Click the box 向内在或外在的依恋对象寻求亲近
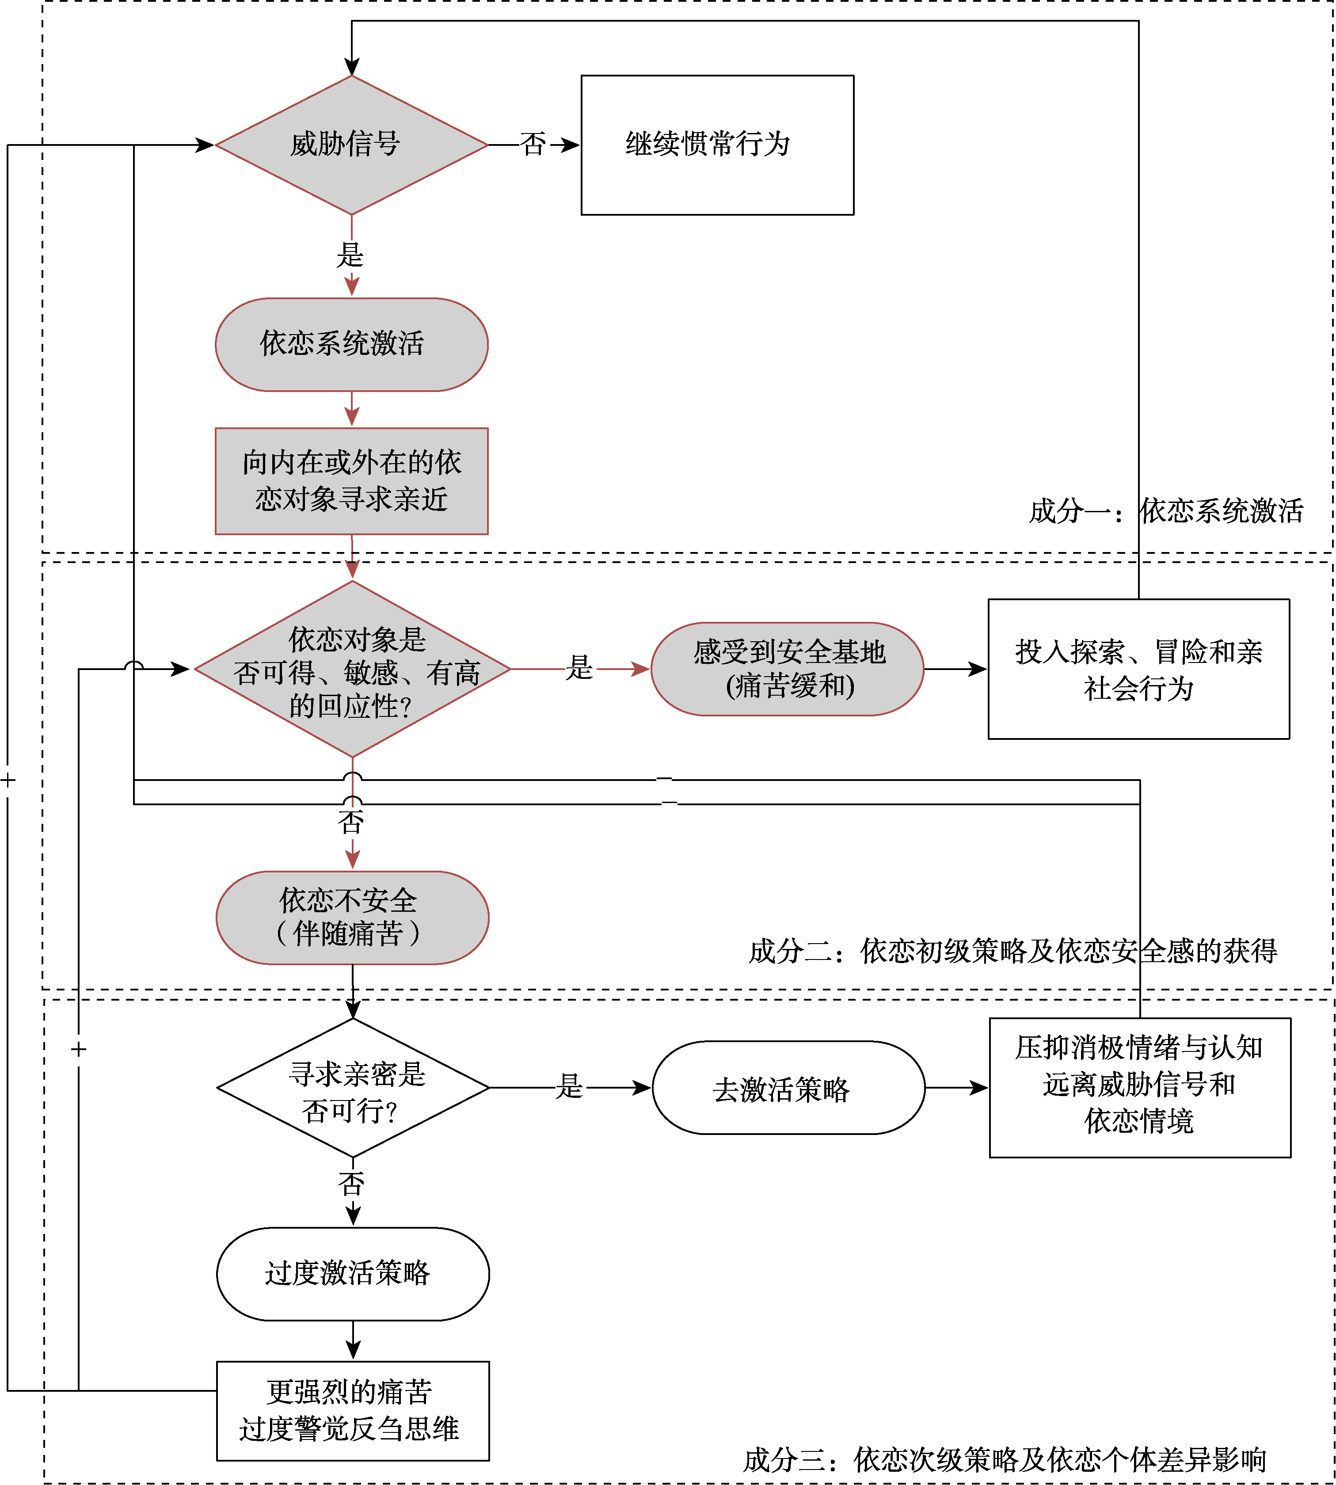pos(352,481)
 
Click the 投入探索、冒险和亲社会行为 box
pos(1138,669)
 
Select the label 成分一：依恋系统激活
pos(1166,511)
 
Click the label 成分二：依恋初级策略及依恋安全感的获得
pos(1013,951)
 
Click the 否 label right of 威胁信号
pos(534,145)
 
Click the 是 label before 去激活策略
pos(570,1086)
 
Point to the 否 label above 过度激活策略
pos(352,1183)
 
